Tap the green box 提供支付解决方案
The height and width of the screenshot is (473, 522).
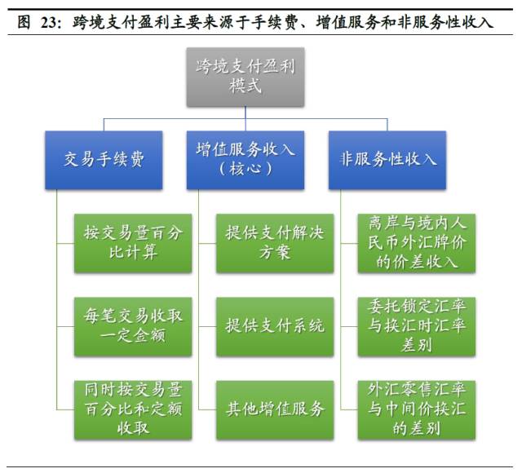click(x=275, y=243)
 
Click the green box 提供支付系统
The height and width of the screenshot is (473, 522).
click(x=275, y=325)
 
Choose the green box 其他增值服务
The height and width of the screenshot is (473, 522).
click(x=275, y=408)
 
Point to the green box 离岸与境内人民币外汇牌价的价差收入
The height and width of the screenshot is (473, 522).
click(x=417, y=243)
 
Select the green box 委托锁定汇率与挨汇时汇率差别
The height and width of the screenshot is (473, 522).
click(x=417, y=325)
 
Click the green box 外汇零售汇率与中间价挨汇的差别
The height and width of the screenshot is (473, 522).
click(x=417, y=408)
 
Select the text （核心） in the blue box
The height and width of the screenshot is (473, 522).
click(x=246, y=170)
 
